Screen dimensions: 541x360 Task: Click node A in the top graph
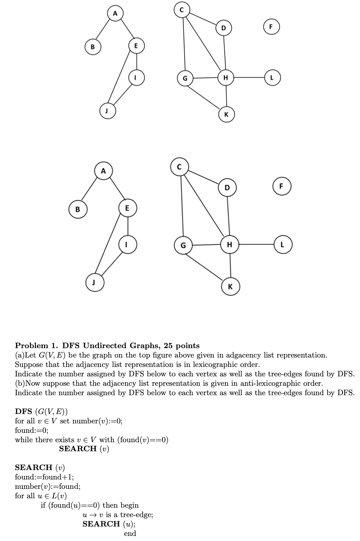(x=115, y=14)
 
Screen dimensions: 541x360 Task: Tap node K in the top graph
(x=226, y=114)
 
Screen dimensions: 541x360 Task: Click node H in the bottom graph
(x=230, y=245)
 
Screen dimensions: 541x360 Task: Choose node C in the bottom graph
(x=179, y=167)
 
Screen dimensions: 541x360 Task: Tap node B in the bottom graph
(x=78, y=209)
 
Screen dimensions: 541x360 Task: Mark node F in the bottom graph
(x=282, y=186)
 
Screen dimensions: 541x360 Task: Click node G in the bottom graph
(x=183, y=245)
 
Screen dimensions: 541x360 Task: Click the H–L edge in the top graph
(x=249, y=77)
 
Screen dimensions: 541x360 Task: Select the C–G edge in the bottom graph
(x=181, y=206)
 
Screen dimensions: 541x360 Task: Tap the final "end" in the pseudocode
(x=130, y=534)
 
